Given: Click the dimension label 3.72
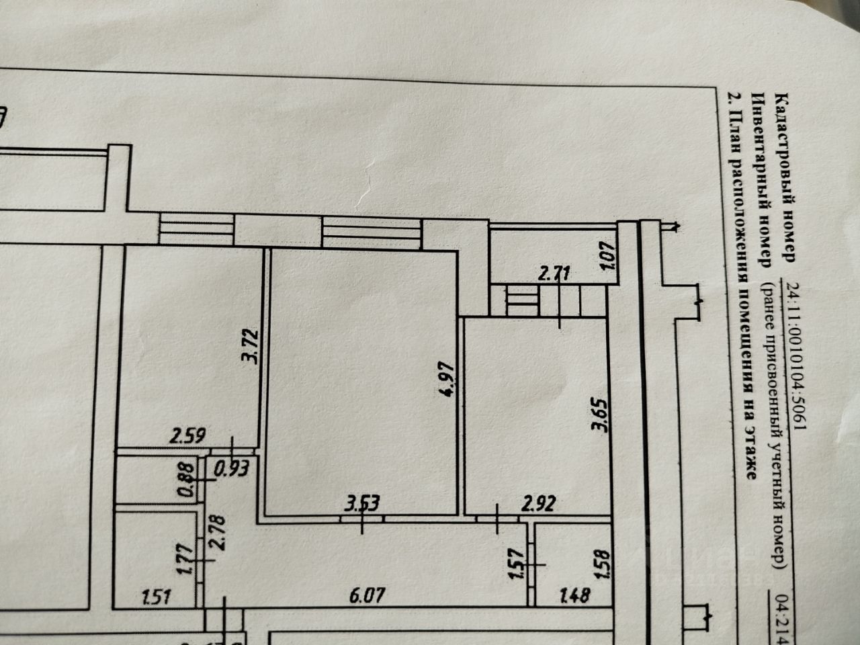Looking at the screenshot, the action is [x=249, y=346].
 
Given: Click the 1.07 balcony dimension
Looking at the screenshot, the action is [x=610, y=257].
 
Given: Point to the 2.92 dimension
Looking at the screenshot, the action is [x=539, y=503].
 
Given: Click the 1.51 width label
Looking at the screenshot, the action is [x=155, y=596].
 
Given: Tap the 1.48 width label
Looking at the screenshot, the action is [x=573, y=596].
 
